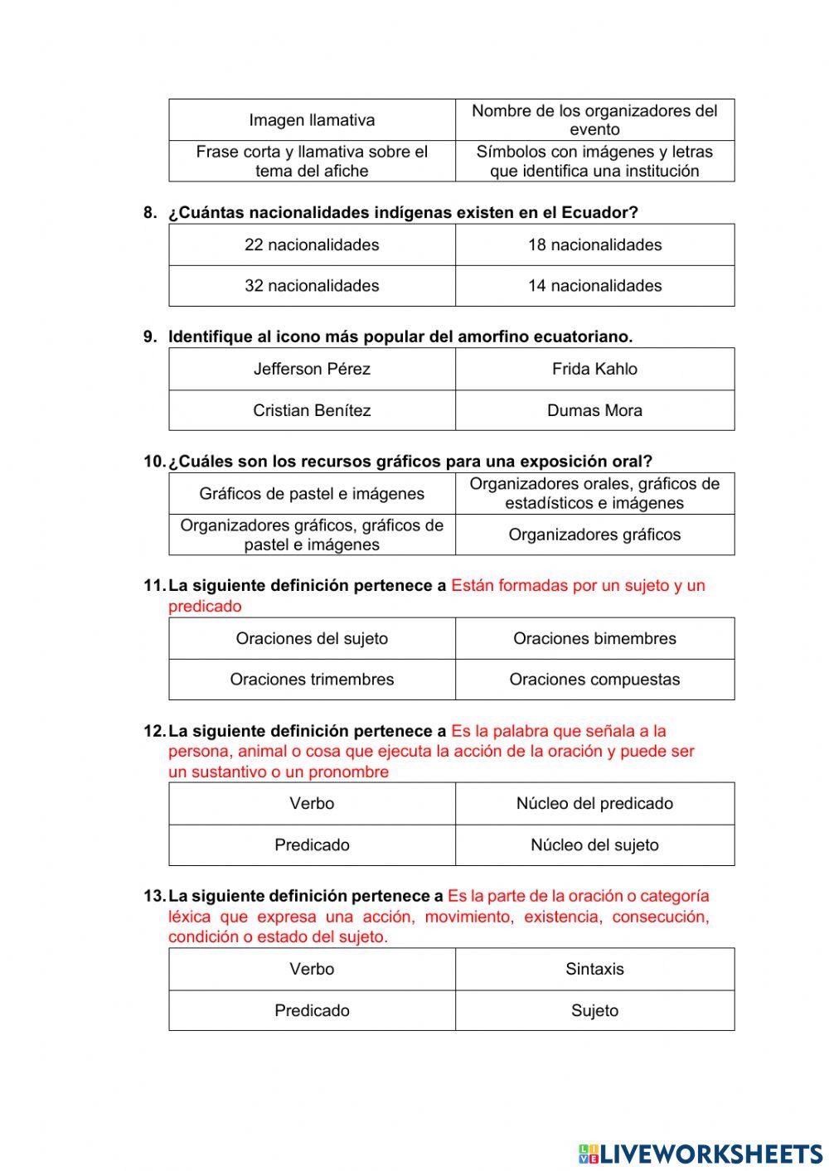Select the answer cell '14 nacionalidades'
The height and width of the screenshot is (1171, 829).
pos(594,286)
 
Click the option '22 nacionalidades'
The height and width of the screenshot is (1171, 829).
pos(312,244)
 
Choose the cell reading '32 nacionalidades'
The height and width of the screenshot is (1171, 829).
pos(312,286)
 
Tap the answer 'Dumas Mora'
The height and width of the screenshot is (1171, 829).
pos(594,410)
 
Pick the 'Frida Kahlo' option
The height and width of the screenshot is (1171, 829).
pos(594,369)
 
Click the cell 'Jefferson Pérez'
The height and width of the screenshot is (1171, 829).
pos(312,369)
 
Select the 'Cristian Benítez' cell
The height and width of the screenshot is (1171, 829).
pos(312,410)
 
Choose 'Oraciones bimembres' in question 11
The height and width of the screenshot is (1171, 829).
pos(594,638)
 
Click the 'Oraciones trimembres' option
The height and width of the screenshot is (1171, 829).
pos(312,680)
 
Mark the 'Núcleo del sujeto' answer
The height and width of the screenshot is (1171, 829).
pos(594,845)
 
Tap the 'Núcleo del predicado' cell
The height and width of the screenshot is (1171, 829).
pos(594,803)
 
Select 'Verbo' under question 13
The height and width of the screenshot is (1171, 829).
pos(312,969)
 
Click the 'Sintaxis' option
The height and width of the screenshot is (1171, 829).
pos(594,969)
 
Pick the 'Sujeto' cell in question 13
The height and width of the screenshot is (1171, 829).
pos(594,1010)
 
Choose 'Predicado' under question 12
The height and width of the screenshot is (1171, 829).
pos(312,845)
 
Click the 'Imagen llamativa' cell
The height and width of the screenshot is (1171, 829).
pos(312,120)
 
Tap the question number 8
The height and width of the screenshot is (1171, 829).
pos(150,213)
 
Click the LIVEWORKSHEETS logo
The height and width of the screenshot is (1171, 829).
pos(701,1153)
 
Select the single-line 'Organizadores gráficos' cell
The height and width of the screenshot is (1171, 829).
pos(594,535)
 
